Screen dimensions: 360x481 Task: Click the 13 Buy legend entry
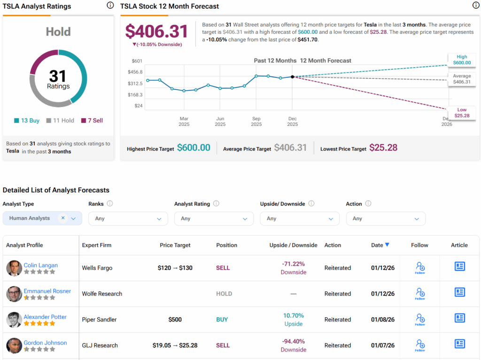click(x=27, y=121)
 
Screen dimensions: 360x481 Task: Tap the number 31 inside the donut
click(x=58, y=76)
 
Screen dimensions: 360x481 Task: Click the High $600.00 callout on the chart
click(x=462, y=60)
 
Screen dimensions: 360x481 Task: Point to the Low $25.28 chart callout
click(x=462, y=113)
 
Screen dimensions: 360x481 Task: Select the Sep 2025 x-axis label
click(x=256, y=122)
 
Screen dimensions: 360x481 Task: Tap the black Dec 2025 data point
click(x=292, y=77)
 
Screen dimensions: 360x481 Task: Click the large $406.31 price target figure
click(x=156, y=31)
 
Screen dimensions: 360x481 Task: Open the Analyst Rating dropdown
click(x=214, y=219)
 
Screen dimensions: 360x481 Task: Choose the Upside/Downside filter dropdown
click(x=300, y=219)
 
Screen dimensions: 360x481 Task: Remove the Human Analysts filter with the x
click(x=62, y=218)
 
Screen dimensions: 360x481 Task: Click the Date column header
click(x=380, y=245)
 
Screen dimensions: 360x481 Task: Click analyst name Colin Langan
click(x=41, y=265)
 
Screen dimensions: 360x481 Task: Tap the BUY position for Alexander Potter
click(x=222, y=320)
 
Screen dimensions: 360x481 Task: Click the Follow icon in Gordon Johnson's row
click(x=420, y=345)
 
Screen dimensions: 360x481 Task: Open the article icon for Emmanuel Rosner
click(x=459, y=292)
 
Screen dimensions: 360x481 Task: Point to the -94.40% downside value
click(x=294, y=342)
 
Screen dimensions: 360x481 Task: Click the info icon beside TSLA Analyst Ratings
click(x=110, y=6)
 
